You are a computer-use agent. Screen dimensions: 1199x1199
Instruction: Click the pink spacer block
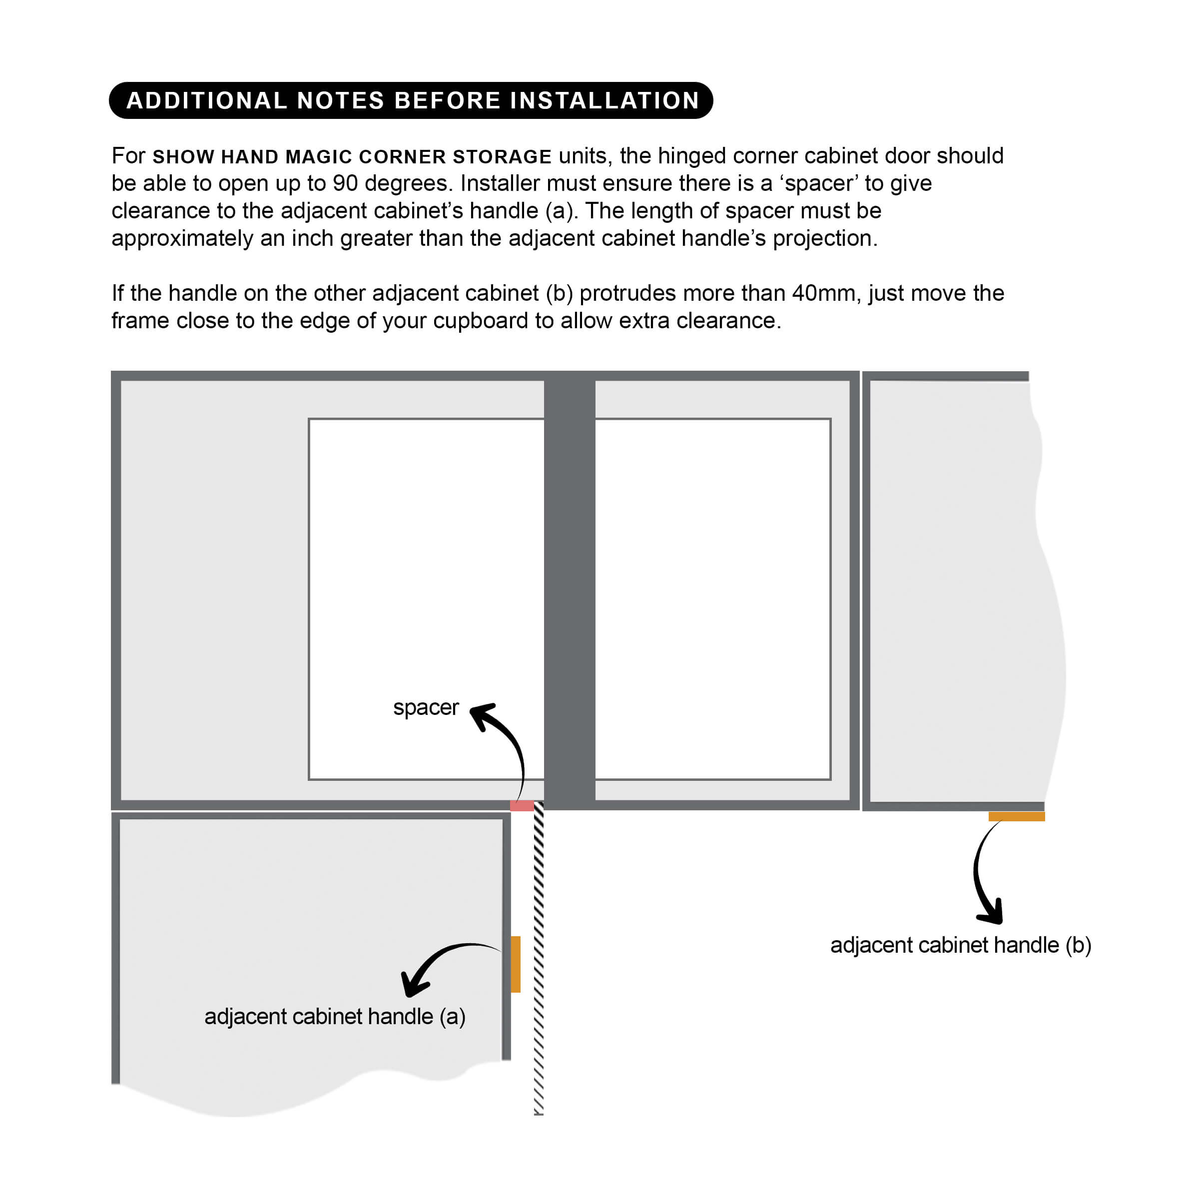point(521,805)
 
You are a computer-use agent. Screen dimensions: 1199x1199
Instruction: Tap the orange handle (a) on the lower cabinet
point(516,964)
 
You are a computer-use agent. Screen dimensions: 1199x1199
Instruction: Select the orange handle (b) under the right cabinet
point(1016,817)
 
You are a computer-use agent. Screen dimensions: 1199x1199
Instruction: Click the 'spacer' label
point(426,707)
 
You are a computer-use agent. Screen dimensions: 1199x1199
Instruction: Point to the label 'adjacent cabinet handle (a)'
point(335,1017)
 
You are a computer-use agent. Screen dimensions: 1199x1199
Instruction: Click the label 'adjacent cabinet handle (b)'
point(960,945)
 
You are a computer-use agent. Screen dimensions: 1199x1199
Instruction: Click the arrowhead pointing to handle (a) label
point(413,984)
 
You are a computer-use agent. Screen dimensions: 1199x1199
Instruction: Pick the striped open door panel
point(539,962)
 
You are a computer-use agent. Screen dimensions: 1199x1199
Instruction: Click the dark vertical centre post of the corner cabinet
point(569,590)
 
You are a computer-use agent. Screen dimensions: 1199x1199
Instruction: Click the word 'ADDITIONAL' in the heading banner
point(207,100)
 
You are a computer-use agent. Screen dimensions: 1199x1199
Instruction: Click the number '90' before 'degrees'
point(345,184)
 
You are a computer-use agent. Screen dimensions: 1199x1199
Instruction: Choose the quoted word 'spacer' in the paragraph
point(819,184)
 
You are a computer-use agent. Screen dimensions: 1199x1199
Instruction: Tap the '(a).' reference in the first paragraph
point(562,211)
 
